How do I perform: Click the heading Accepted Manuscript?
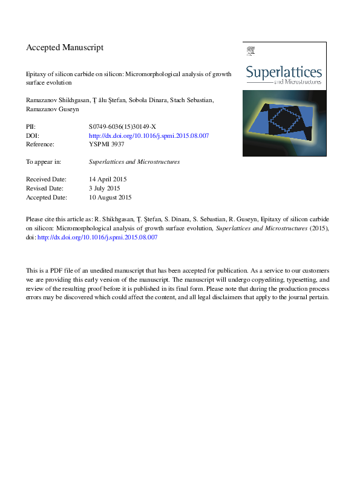(65, 47)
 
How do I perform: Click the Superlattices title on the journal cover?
(283, 73)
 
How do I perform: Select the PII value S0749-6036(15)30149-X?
(123, 128)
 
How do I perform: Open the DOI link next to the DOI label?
(149, 136)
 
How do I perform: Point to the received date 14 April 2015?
(107, 180)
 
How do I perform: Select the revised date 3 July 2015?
(104, 189)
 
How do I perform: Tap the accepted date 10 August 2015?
(110, 197)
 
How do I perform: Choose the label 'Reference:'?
(41, 144)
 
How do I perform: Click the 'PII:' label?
(31, 128)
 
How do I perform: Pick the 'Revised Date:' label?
(46, 189)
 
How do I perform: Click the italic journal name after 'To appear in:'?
(134, 162)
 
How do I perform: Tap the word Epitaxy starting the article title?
(36, 71)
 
